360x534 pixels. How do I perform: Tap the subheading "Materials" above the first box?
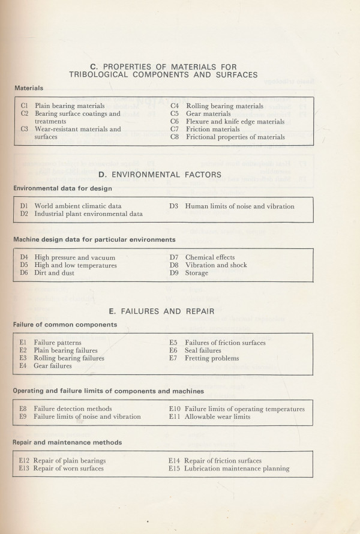29,88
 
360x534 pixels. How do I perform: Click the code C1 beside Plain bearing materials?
25,106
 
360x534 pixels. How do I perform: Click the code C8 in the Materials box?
175,137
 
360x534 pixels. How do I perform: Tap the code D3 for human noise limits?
174,206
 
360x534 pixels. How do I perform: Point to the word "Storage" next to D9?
197,273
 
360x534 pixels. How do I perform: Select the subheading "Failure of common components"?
65,325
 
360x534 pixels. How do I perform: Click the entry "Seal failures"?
203,350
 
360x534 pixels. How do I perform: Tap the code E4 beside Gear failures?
23,365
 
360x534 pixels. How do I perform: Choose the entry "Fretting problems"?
212,358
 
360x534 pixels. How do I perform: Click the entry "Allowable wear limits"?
217,416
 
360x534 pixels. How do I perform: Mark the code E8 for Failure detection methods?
23,409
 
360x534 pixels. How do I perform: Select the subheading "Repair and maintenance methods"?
67,442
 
